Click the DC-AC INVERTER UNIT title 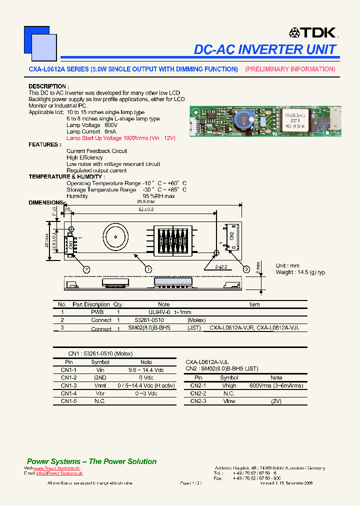point(265,49)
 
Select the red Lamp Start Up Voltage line point(121,138)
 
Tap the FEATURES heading point(45,144)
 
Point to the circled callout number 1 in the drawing point(148,269)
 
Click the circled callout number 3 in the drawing point(246,269)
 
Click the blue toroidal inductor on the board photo point(241,120)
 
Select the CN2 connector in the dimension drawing point(231,236)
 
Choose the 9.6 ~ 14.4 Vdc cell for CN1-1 point(146,370)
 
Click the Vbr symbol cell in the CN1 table point(100,393)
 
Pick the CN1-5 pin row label point(68,401)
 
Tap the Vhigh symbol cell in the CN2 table point(229,386)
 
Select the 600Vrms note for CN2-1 point(276,386)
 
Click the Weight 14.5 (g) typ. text point(300,272)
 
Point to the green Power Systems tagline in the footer point(91,461)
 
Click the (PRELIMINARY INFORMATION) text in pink point(290,69)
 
